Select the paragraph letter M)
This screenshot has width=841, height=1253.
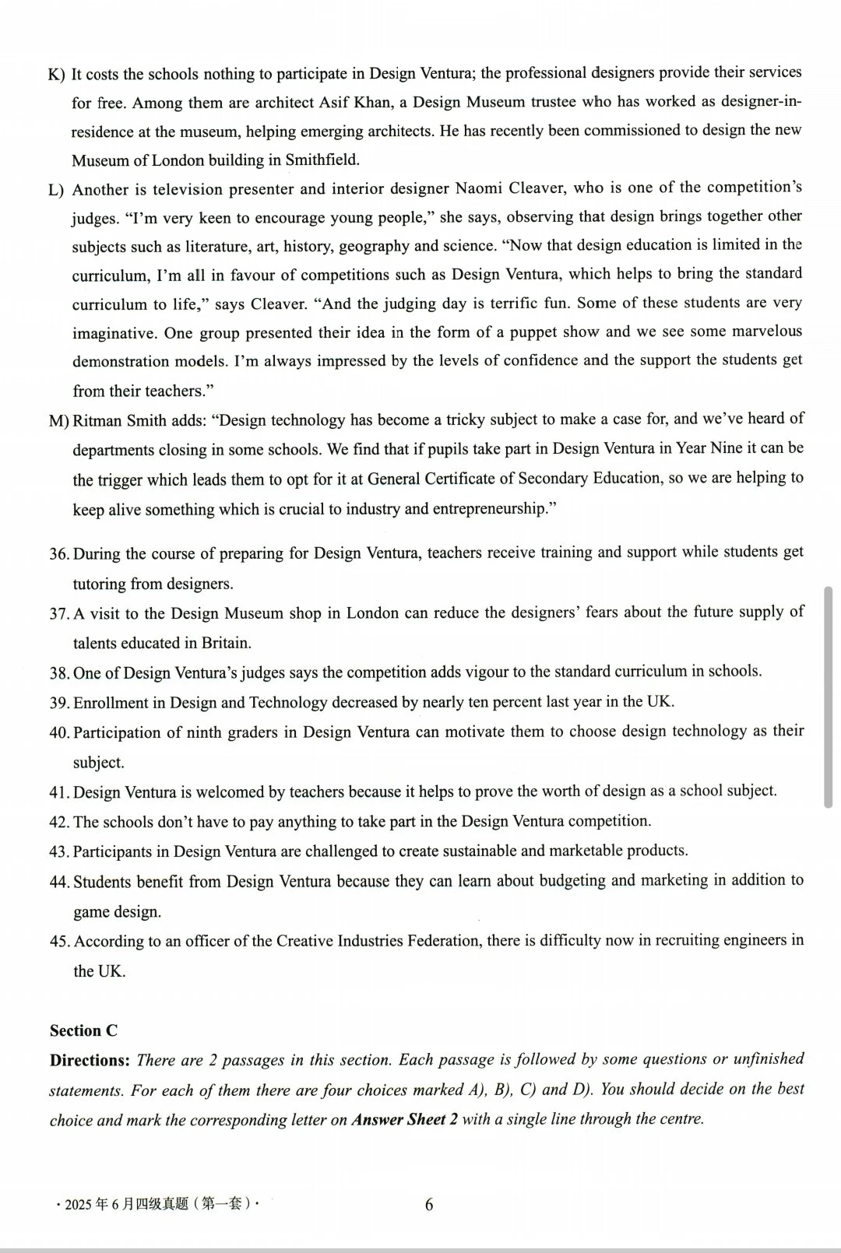(59, 421)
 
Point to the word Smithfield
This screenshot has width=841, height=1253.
(322, 160)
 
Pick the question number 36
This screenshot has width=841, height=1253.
(59, 554)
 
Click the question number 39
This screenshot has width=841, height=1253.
(59, 703)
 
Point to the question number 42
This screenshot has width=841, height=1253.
(59, 822)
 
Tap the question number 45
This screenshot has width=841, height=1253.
(59, 942)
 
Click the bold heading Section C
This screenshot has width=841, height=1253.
(83, 1031)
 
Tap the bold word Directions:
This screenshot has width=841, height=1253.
(90, 1061)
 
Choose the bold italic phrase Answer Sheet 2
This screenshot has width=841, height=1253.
(404, 1120)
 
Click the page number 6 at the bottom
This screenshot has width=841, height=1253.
(429, 1205)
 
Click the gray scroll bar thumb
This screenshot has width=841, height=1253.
(828, 697)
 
